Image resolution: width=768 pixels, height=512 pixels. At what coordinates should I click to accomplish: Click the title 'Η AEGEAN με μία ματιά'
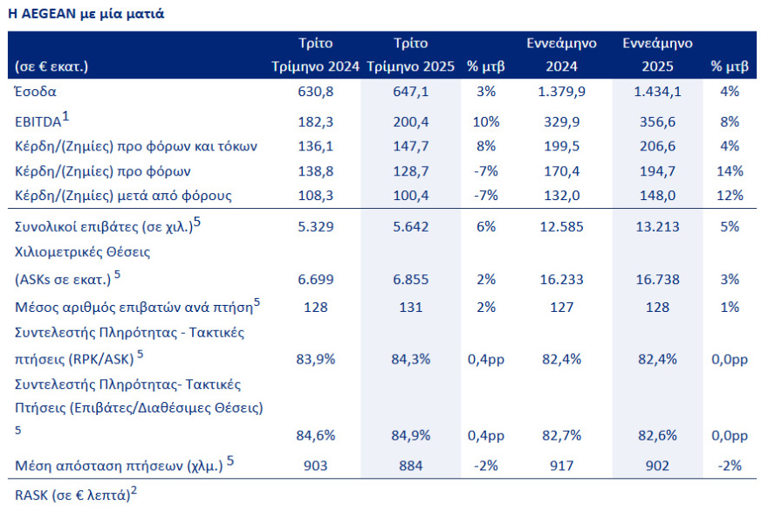pos(85,14)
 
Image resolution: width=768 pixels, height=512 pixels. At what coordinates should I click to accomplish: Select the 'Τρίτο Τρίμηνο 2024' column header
pos(315,54)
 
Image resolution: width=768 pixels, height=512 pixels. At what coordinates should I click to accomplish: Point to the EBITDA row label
pos(44,121)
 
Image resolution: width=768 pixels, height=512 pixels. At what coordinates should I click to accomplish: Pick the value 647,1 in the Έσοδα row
pos(411,91)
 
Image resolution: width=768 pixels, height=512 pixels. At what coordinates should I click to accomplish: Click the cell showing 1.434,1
pos(658,91)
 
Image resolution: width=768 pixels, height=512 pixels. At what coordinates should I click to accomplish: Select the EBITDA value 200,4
pos(411,121)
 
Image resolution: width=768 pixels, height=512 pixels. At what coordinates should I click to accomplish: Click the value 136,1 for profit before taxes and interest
pos(315,146)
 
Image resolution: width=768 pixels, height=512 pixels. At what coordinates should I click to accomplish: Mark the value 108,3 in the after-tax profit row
pos(315,195)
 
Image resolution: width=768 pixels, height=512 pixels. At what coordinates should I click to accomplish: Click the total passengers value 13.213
pos(658,227)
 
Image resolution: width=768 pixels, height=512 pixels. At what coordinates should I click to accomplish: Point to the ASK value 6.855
pos(411,280)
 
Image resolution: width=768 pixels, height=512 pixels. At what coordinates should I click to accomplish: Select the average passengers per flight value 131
pos(411,307)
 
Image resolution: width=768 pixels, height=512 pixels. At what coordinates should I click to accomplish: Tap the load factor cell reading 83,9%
pos(315,357)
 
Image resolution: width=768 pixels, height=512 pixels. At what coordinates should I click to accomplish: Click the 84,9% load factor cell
pos(411,435)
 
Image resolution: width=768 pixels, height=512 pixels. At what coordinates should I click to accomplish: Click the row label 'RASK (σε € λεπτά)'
pos(73,495)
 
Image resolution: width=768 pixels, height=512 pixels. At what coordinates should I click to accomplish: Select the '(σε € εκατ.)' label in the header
pos(52,66)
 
